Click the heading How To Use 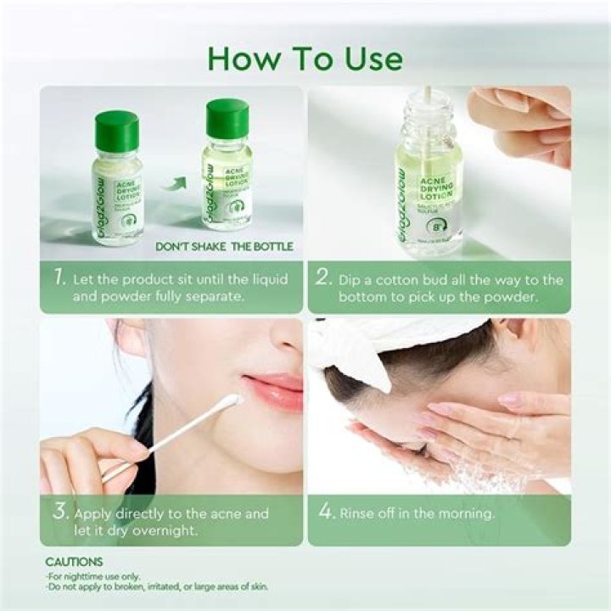pos(305,59)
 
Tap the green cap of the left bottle pos(116,132)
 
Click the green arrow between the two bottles pos(174,181)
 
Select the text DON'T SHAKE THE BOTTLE pos(225,247)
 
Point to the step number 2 pos(322,279)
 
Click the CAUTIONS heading pos(74,562)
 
